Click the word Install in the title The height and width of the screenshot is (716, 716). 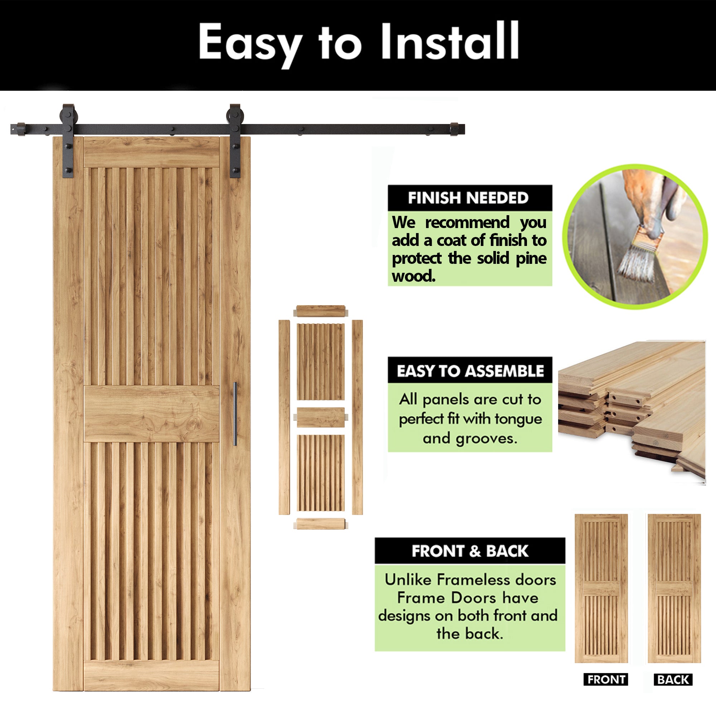[x=450, y=41]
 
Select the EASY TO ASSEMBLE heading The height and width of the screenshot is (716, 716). [x=470, y=371]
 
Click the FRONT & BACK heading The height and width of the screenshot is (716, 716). [x=470, y=551]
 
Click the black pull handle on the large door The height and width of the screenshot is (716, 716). [x=234, y=413]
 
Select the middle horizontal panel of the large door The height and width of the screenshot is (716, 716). [x=151, y=413]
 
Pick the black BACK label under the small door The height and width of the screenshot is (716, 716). [x=673, y=679]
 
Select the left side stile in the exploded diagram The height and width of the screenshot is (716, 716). [x=284, y=417]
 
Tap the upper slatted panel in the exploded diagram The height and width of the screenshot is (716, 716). [x=320, y=362]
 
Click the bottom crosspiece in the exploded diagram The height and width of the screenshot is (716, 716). [x=320, y=524]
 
